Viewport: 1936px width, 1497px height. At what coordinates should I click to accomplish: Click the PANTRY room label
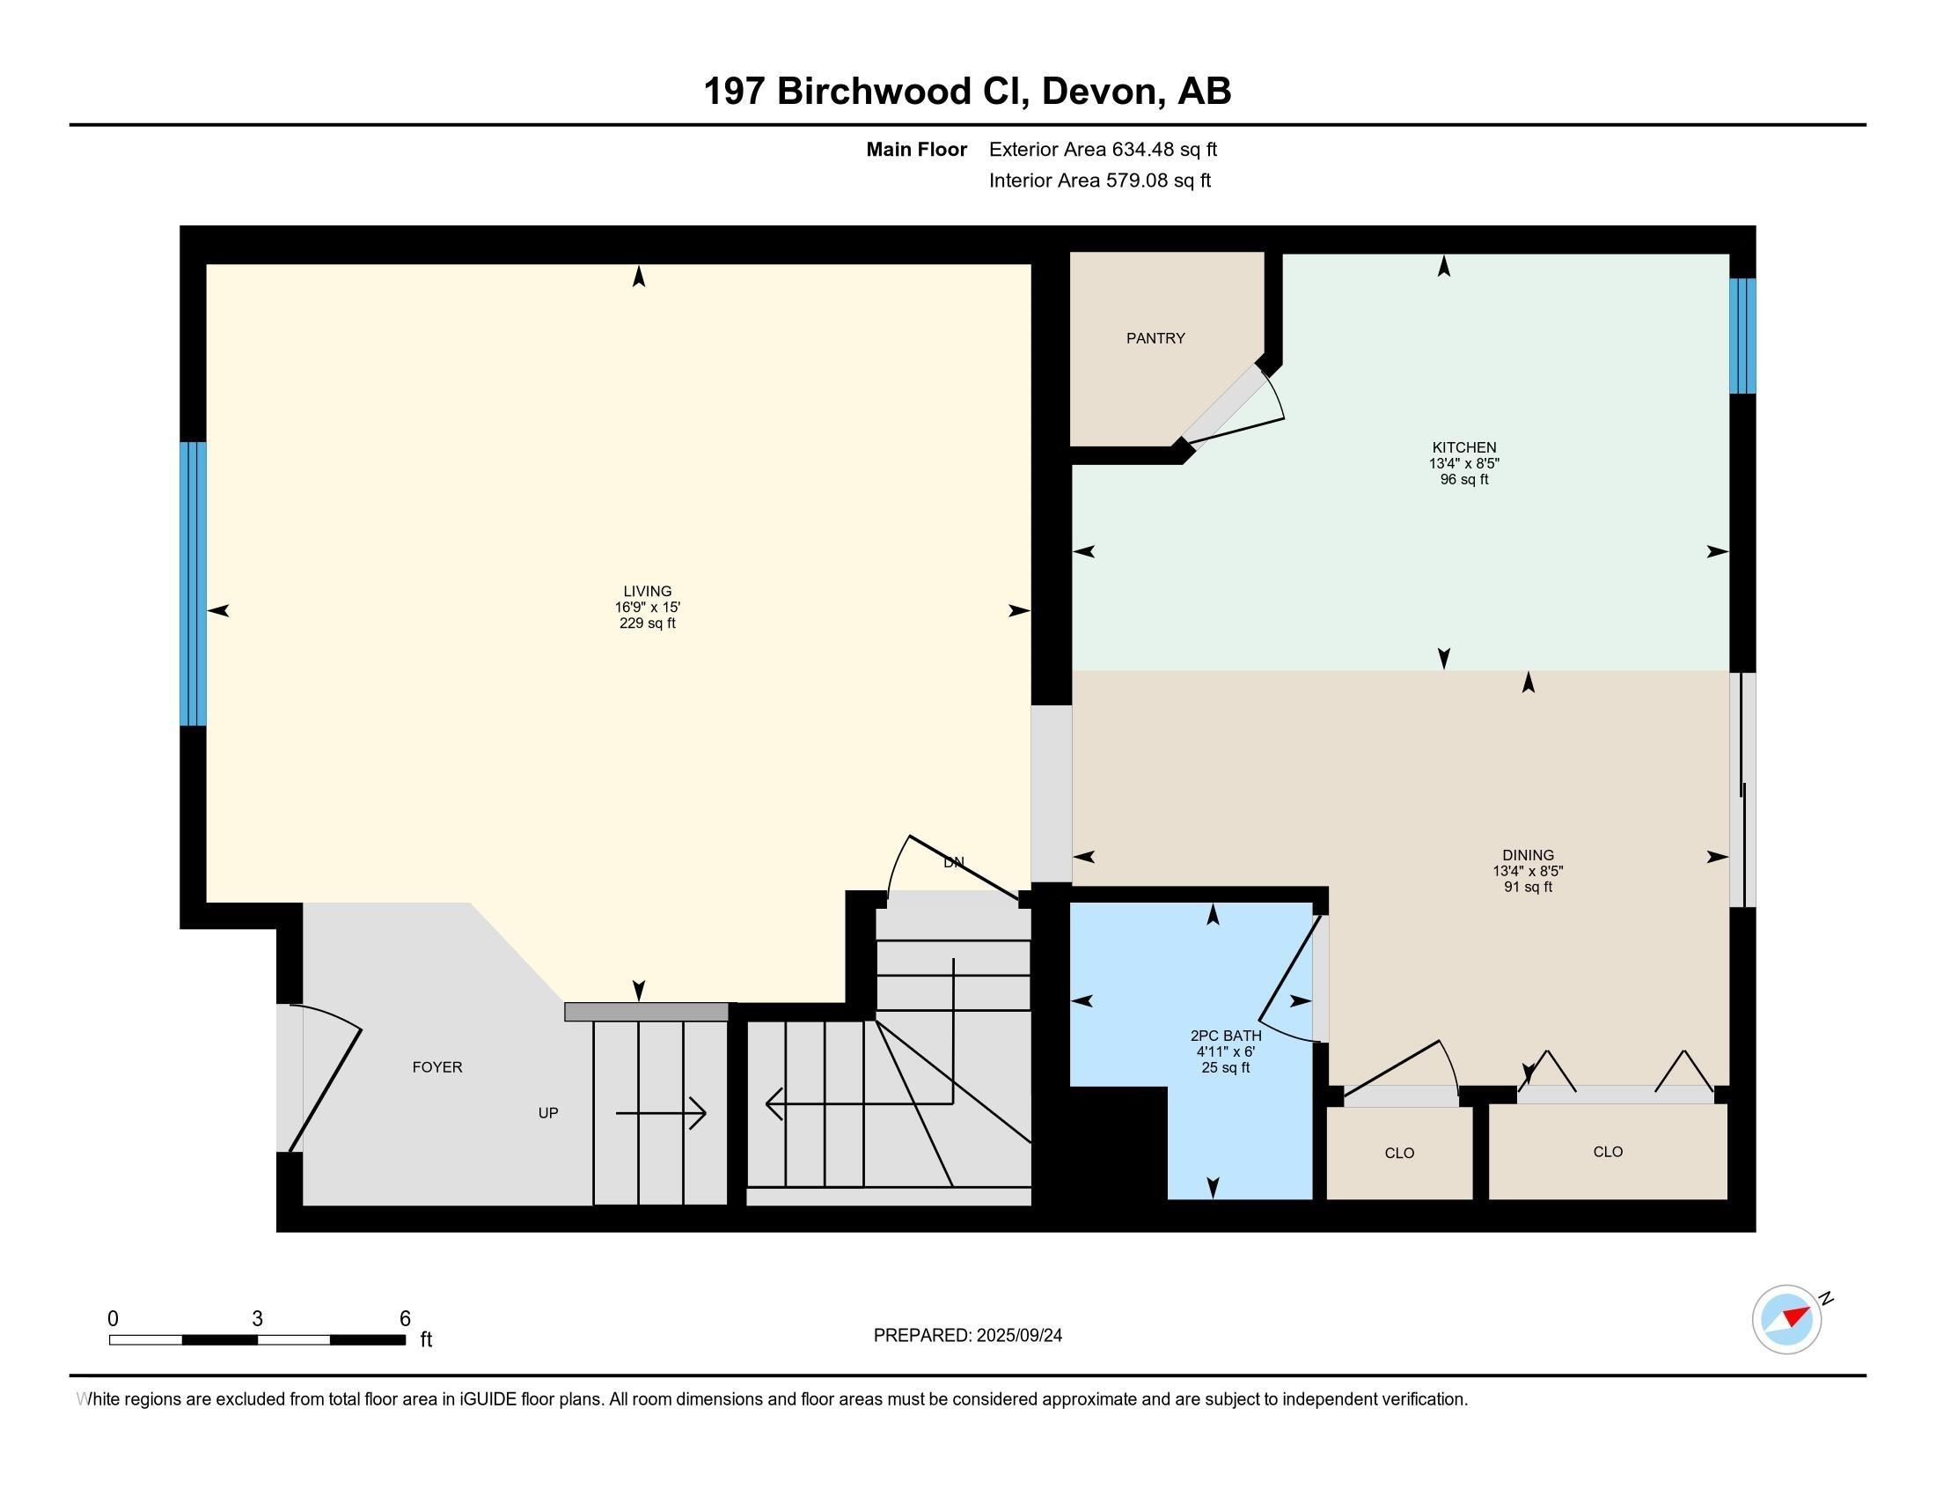click(1155, 338)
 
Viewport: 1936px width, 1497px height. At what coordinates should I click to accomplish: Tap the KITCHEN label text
click(1463, 448)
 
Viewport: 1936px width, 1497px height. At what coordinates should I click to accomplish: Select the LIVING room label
click(647, 592)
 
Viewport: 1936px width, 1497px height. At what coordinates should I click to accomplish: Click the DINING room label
click(1528, 856)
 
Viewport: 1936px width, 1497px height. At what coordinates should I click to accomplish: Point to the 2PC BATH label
click(1225, 1035)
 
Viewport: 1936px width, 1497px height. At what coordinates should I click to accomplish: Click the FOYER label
click(437, 1067)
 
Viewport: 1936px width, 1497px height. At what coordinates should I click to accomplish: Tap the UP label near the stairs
click(548, 1113)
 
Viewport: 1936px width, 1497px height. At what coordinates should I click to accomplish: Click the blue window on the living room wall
click(193, 584)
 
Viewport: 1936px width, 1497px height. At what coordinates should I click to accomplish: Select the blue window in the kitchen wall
click(1742, 336)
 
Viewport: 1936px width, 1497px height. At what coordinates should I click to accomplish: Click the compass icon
click(1786, 1319)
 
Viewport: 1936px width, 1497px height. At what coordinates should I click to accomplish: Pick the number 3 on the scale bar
click(257, 1319)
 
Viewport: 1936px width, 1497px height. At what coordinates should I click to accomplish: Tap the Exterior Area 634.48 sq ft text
click(1103, 150)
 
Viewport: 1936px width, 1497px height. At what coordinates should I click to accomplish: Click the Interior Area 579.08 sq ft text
click(1099, 181)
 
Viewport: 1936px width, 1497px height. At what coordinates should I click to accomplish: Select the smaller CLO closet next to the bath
click(1399, 1153)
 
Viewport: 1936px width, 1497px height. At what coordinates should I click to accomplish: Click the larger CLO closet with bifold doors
click(1607, 1151)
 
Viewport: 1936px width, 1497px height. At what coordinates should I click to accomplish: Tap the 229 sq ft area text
click(647, 623)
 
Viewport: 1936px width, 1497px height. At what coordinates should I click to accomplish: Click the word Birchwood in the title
click(872, 92)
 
